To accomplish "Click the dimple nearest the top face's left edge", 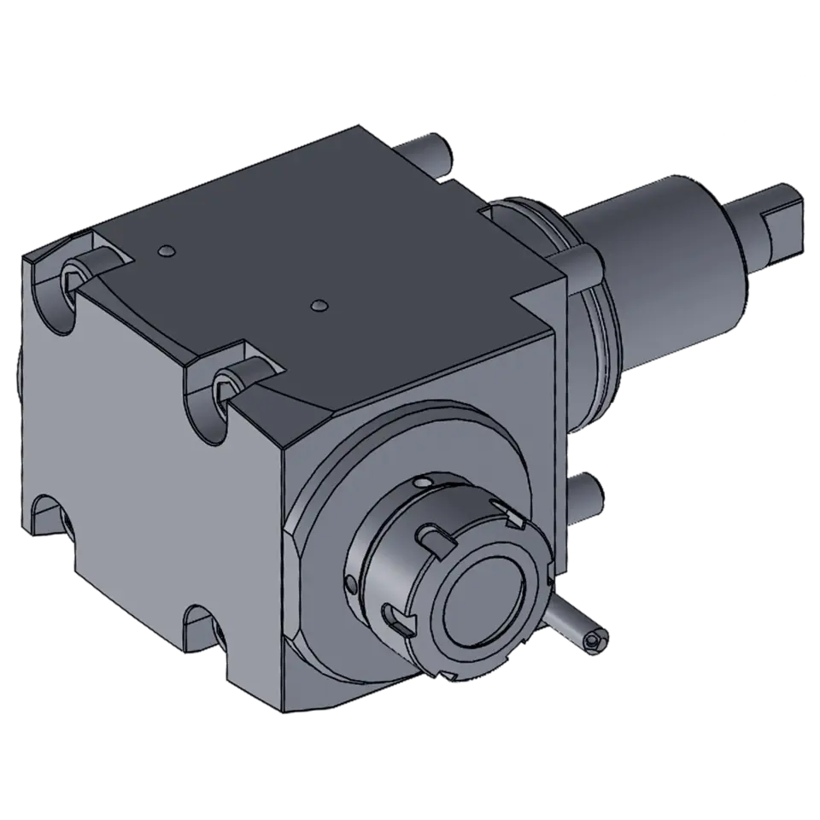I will [166, 251].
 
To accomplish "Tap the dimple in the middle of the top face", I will [319, 305].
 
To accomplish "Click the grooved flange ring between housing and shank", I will [589, 342].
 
